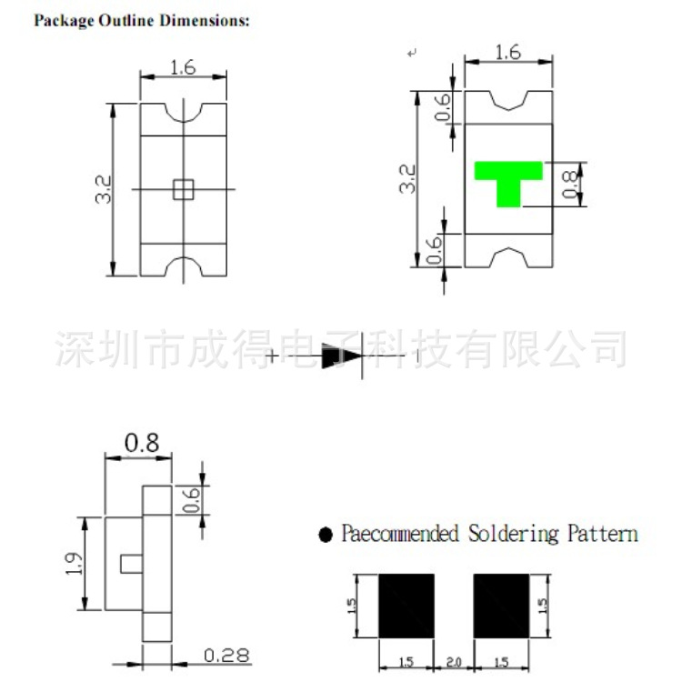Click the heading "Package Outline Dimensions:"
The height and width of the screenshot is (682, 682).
coord(141,20)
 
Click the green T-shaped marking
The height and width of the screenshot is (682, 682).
coord(508,179)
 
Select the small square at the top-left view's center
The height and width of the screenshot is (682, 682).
coord(183,188)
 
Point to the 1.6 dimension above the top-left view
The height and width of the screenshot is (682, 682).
coord(183,66)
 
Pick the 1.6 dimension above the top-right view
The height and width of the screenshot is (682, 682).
coord(507,53)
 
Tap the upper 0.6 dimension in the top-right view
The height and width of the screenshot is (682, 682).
coord(443,108)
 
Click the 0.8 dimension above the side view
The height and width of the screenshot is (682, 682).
coord(142,443)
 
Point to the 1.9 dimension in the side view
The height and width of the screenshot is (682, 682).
coord(75,564)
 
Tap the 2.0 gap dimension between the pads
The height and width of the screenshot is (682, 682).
coord(454,662)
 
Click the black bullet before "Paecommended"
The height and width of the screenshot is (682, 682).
coord(326,535)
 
